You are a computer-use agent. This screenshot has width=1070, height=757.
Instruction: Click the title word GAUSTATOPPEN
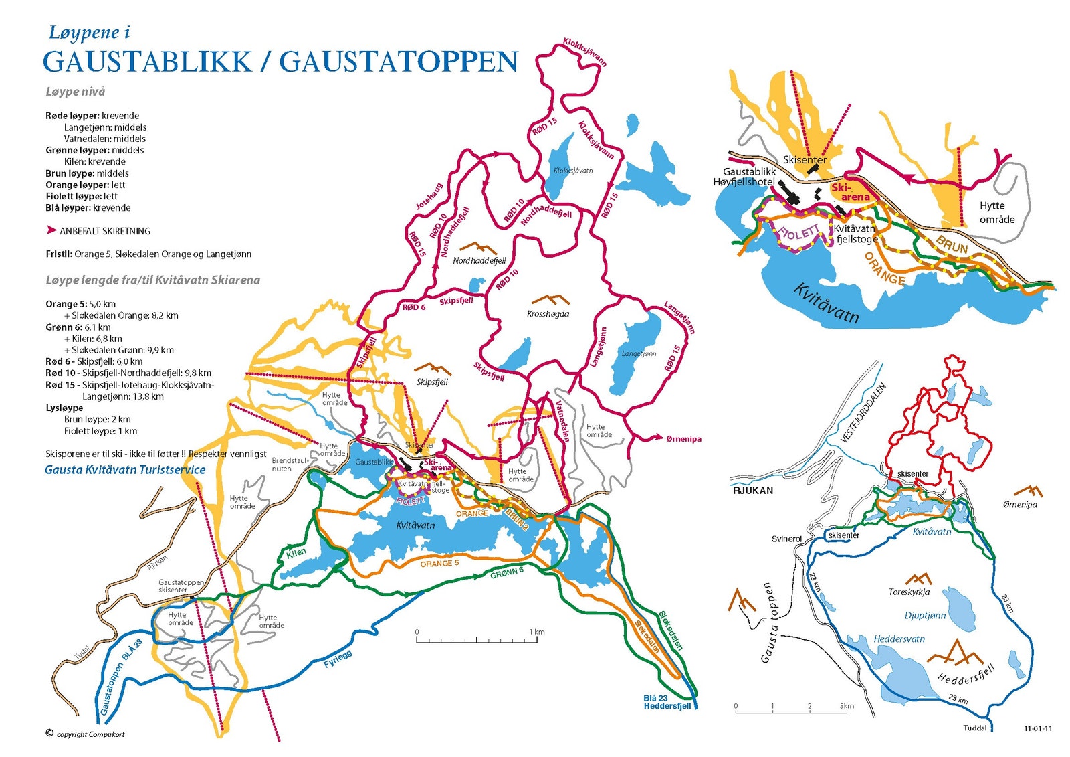click(x=399, y=62)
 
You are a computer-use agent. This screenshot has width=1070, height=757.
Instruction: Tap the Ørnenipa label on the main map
click(x=683, y=439)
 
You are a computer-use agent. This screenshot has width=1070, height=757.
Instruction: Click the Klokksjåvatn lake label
click(x=573, y=171)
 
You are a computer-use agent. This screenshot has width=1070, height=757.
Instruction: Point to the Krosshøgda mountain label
click(x=548, y=314)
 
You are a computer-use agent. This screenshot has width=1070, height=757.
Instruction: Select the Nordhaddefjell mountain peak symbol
click(x=479, y=248)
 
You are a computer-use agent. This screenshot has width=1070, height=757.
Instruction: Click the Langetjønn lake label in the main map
click(x=639, y=353)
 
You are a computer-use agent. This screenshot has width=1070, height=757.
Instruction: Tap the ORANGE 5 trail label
click(x=439, y=564)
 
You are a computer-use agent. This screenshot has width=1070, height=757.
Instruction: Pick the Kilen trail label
click(x=296, y=552)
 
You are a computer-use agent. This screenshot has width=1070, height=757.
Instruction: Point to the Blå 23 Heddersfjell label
click(x=667, y=702)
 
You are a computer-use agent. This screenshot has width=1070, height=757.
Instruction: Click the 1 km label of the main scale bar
click(x=537, y=632)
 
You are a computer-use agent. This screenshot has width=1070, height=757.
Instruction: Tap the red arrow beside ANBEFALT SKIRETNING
click(x=51, y=230)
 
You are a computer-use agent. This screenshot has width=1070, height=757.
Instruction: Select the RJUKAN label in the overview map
click(x=753, y=491)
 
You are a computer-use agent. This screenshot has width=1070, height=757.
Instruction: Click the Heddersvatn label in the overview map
click(x=899, y=639)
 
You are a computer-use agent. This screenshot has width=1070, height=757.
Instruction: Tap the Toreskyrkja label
click(x=909, y=592)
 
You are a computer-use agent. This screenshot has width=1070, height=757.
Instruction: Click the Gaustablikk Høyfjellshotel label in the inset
click(x=744, y=177)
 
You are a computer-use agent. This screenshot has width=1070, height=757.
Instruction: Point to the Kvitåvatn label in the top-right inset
click(x=826, y=303)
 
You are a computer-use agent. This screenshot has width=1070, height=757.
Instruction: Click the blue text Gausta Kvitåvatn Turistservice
click(x=125, y=470)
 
